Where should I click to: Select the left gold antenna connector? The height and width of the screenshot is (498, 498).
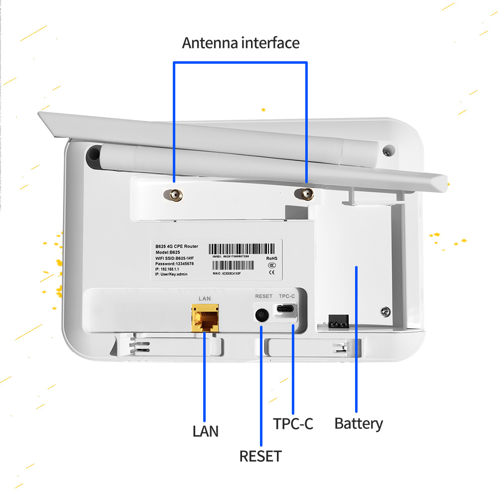coord(174,196)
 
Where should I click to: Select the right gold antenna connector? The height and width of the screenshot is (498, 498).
coord(303,194)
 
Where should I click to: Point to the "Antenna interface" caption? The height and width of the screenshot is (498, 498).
coord(241,43)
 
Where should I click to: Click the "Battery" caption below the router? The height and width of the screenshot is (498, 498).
coord(359,424)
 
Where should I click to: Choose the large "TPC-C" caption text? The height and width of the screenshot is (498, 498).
coord(293,424)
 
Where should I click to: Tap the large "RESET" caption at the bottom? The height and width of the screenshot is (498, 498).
coord(260,456)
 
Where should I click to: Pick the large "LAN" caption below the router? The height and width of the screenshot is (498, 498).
coord(205,431)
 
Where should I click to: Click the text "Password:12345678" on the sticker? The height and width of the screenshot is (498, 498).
coord(175,263)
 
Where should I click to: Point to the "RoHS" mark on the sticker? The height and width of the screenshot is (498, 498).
coord(271,258)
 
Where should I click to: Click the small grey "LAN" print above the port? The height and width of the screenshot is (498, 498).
coord(205,298)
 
